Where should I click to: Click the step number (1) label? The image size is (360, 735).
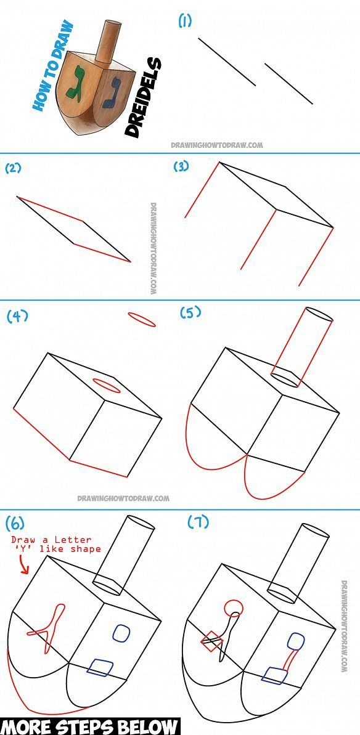(185, 21)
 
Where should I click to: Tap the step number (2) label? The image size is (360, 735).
(14, 168)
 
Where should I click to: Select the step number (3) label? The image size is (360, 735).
(181, 166)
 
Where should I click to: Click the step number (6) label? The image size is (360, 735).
(15, 524)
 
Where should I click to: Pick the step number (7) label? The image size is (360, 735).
(198, 522)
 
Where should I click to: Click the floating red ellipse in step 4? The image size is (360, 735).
(142, 319)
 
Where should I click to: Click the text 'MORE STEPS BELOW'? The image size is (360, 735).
(90, 726)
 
